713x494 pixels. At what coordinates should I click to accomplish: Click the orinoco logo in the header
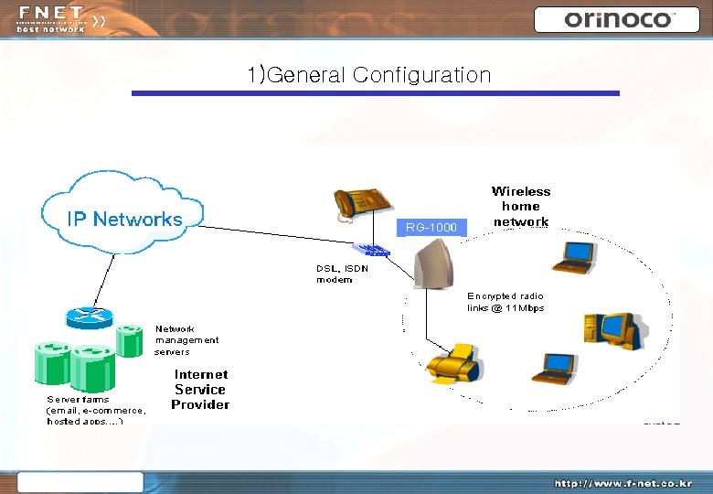619,19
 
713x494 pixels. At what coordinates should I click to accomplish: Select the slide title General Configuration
369,75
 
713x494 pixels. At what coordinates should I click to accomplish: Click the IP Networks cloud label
124,219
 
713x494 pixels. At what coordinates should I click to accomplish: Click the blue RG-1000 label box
431,227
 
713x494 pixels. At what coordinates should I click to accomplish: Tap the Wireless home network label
521,206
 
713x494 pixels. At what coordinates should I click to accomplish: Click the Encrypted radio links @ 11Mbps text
505,302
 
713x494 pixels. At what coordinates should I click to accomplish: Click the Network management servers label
186,339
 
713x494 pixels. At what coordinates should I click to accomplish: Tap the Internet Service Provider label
200,389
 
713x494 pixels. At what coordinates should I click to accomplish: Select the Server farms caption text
96,409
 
